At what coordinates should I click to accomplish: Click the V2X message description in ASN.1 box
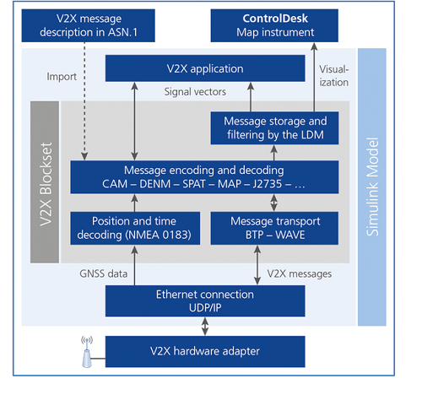[88, 25]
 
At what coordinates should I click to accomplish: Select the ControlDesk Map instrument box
[274, 25]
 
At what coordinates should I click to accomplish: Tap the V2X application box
[205, 68]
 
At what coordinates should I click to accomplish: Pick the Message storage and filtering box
[274, 128]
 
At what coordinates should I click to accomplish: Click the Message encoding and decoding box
[204, 177]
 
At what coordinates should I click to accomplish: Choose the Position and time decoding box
[135, 228]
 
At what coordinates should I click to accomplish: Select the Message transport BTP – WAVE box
[274, 228]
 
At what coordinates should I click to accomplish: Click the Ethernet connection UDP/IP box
[205, 301]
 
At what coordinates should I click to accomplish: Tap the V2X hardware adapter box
[205, 351]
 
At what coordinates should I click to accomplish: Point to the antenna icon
[87, 352]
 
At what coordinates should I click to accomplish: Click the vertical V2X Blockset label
[46, 184]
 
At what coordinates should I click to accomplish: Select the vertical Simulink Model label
[372, 187]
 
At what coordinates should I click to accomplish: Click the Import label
[62, 77]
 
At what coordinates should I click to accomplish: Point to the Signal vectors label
[195, 92]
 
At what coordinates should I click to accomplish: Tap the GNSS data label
[104, 273]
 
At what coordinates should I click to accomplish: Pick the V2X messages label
[300, 273]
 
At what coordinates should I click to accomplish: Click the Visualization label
[334, 76]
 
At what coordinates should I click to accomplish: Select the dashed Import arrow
[84, 101]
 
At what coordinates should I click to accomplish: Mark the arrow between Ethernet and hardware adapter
[205, 327]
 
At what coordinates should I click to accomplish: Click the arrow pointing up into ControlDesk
[314, 78]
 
